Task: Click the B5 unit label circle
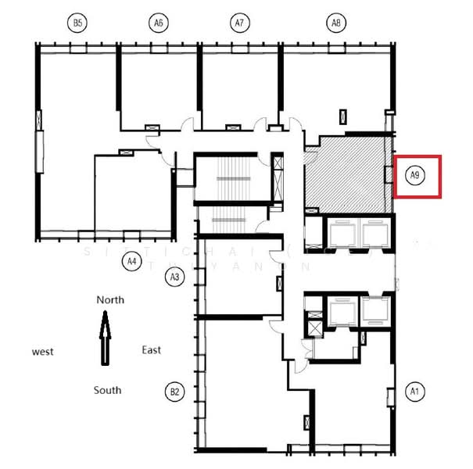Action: (x=77, y=23)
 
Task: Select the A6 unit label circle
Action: (x=159, y=23)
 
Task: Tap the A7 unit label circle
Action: (x=240, y=23)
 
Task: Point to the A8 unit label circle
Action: (x=335, y=23)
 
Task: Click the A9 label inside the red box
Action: (x=417, y=177)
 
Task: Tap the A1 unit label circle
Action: (x=415, y=391)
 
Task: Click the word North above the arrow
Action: (x=110, y=299)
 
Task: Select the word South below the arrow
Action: (x=108, y=389)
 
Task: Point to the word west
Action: (x=42, y=352)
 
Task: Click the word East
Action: (x=151, y=349)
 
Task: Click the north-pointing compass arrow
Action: (x=105, y=337)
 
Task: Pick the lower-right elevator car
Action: (x=375, y=312)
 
